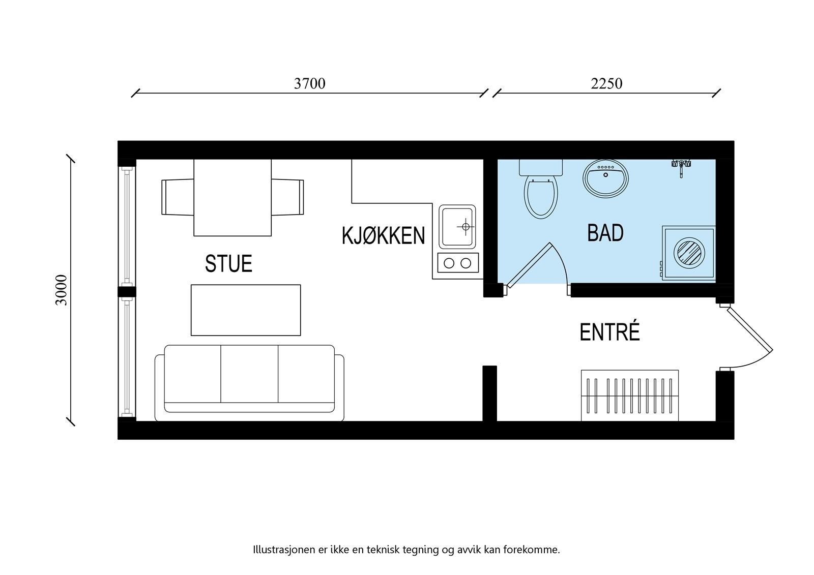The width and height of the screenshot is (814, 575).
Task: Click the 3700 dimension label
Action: (x=309, y=83)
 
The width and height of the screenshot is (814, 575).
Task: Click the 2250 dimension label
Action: (x=606, y=83)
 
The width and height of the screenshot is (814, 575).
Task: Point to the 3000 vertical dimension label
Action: (x=62, y=290)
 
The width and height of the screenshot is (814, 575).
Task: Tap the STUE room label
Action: (x=228, y=264)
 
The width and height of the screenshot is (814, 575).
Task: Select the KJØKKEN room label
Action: (x=383, y=236)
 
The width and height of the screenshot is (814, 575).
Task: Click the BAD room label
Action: (x=605, y=233)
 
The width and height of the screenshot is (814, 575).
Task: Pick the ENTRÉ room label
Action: (x=609, y=332)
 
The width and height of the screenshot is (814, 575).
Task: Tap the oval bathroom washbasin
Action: (x=605, y=178)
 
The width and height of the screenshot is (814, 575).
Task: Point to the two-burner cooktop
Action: (x=457, y=263)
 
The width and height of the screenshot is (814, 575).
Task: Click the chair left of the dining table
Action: (x=177, y=197)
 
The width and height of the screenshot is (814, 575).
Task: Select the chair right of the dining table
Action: (x=287, y=197)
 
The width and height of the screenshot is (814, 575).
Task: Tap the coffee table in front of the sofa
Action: (x=246, y=310)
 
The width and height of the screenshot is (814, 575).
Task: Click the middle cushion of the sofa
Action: (x=249, y=374)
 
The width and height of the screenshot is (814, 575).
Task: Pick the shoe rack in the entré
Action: (x=630, y=395)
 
